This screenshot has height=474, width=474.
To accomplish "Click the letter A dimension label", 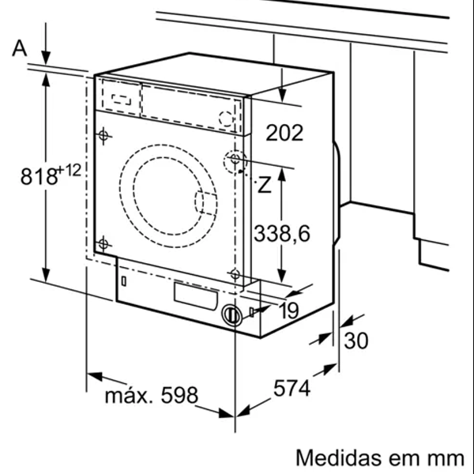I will pyautogui.click(x=20, y=49).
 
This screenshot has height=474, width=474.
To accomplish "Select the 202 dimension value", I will pyautogui.click(x=284, y=133).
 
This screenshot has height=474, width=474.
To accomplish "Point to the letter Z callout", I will pyautogui.click(x=265, y=186).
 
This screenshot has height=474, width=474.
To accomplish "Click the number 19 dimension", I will pyautogui.click(x=288, y=310).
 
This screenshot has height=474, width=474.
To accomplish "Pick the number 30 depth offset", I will pyautogui.click(x=357, y=341).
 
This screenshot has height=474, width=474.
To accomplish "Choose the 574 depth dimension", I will pyautogui.click(x=292, y=389).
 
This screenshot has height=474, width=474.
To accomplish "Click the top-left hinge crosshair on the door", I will pyautogui.click(x=103, y=137).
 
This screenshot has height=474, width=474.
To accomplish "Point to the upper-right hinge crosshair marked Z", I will pyautogui.click(x=235, y=160).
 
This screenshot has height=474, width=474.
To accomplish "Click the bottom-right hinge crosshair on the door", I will pyautogui.click(x=235, y=274).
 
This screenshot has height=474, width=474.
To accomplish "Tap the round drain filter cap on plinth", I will pyautogui.click(x=231, y=314).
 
